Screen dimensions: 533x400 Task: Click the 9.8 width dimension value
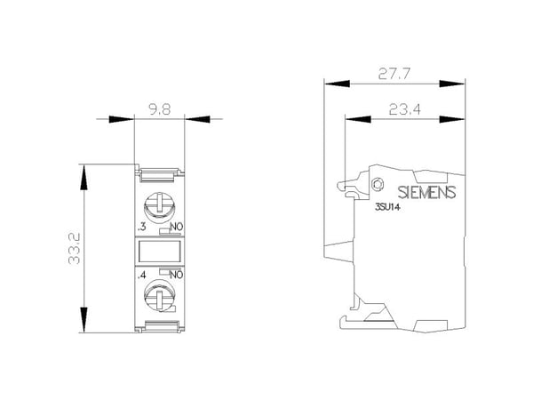(160, 109)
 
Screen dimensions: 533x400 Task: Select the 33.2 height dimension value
(74, 249)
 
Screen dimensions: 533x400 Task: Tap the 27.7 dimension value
(394, 74)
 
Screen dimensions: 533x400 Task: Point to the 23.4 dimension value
(405, 109)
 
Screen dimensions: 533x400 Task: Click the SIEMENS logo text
(426, 193)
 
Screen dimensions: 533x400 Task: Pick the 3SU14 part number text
(387, 207)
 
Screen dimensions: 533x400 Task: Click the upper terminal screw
(159, 206)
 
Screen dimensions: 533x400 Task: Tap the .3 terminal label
(142, 227)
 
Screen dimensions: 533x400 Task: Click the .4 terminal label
(141, 275)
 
